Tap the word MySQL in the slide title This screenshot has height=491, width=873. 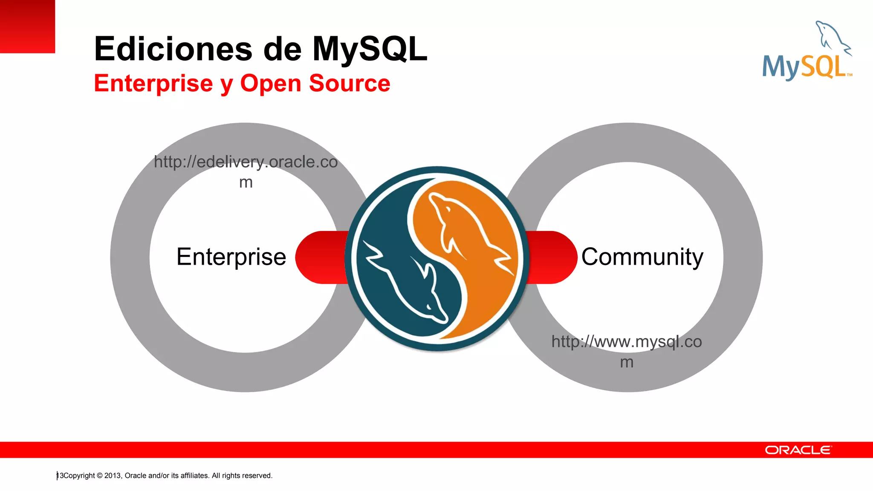[370, 49]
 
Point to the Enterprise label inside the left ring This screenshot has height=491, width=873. [231, 257]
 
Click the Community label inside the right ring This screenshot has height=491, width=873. [642, 257]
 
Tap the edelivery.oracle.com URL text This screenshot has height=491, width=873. [246, 162]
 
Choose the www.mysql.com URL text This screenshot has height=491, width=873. [626, 342]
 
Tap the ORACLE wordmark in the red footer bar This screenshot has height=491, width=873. [798, 450]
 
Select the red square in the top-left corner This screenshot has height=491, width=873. [27, 26]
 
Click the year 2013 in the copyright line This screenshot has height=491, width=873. [113, 476]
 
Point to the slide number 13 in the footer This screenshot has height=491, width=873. [60, 476]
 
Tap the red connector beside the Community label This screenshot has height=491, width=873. [552, 257]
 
